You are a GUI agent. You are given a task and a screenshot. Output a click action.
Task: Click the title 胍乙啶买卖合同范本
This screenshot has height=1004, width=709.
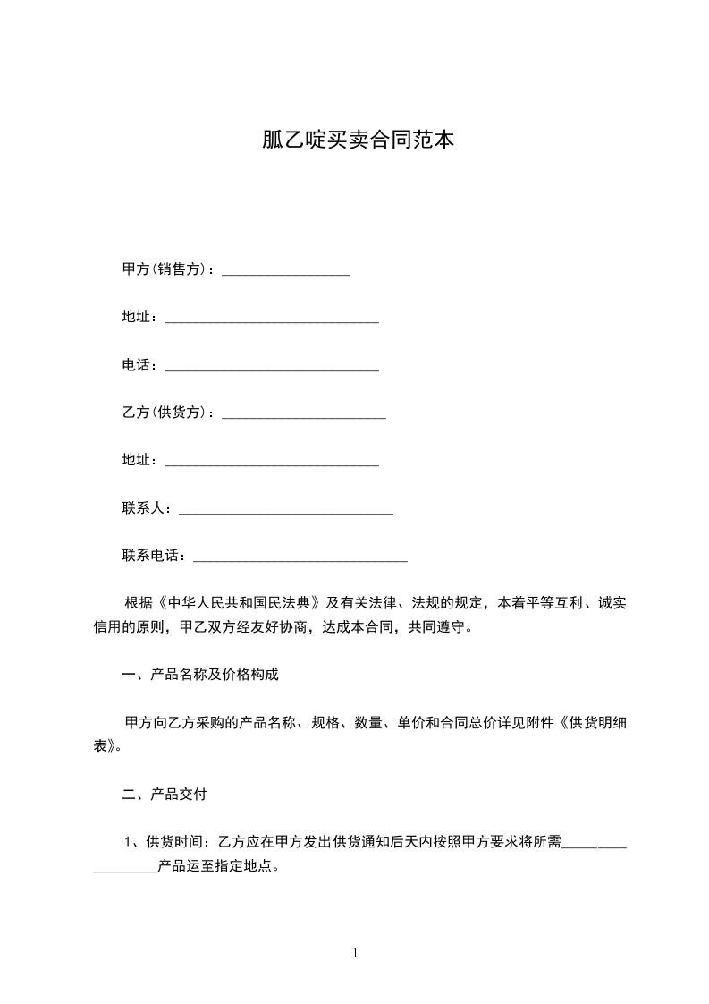[x=354, y=140]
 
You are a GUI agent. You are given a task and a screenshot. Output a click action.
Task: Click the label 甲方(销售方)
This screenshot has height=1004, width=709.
[x=165, y=269]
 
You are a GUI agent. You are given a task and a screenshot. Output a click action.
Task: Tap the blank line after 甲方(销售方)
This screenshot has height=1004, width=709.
[x=285, y=271]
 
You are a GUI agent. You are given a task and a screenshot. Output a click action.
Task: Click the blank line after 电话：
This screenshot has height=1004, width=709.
[x=272, y=367]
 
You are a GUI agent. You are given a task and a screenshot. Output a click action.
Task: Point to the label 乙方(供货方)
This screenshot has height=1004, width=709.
[x=165, y=413]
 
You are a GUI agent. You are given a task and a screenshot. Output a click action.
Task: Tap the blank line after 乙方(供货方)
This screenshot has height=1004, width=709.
[x=303, y=414]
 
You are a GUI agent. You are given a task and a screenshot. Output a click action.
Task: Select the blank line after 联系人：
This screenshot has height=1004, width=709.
[x=286, y=510]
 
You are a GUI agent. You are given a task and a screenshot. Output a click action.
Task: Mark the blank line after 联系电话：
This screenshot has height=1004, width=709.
[x=300, y=557]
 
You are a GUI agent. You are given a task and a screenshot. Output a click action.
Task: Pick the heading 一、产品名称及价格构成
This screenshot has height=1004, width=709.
[x=200, y=675]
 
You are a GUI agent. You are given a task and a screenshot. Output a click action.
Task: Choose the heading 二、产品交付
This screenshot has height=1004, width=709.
[x=165, y=794]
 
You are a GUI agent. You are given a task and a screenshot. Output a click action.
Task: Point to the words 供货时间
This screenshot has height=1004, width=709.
[x=176, y=842]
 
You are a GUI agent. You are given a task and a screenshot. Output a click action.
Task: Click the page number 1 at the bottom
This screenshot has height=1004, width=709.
[x=355, y=954]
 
